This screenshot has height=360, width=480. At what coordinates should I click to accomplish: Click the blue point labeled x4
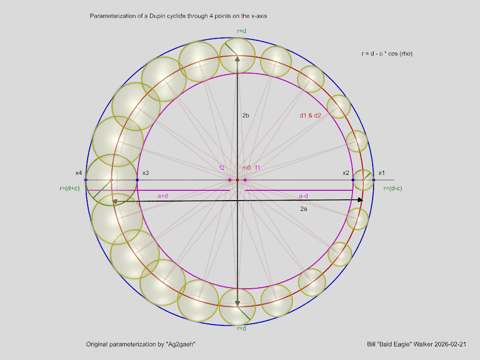coord(86,180)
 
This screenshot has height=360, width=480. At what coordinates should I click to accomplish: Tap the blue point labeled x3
coord(137,180)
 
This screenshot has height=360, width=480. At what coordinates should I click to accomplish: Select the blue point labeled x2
coord(353,180)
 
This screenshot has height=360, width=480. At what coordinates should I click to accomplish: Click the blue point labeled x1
coord(374,180)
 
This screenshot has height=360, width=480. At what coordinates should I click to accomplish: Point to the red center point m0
coord(237,180)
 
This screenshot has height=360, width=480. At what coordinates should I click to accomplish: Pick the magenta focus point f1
coord(245,180)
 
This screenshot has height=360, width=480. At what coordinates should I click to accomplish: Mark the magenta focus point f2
coord(230,180)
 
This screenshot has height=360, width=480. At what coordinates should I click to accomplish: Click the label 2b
coord(246,115)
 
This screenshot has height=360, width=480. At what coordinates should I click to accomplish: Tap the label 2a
coord(303,209)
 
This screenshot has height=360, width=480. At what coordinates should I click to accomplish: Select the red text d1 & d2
coord(310,115)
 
